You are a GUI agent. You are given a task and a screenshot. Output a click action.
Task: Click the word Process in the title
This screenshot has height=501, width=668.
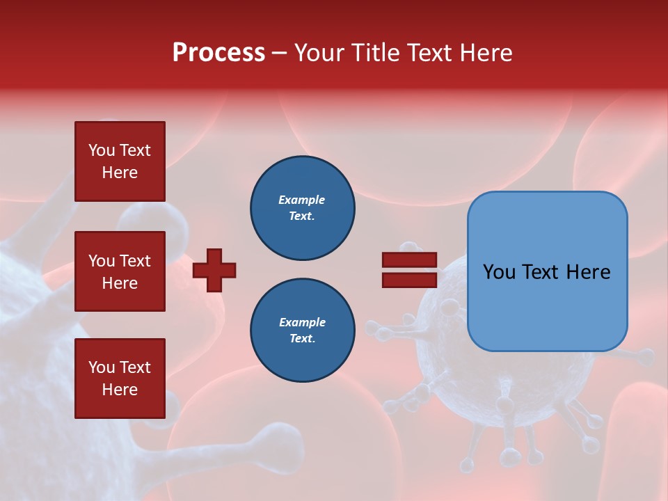pos(218,53)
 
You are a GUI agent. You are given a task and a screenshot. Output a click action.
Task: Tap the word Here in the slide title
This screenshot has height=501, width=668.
pos(484,53)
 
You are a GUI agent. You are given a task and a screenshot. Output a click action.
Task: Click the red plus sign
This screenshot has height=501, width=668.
pos(214,270)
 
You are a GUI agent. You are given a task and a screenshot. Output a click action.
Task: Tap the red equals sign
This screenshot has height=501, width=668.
pos(409,270)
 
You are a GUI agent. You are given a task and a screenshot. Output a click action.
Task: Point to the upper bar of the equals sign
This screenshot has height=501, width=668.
pos(409,260)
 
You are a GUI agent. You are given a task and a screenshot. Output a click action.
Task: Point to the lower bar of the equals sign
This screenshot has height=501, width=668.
pos(409,280)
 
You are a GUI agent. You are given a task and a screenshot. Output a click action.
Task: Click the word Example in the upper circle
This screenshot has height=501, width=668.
pos(301,200)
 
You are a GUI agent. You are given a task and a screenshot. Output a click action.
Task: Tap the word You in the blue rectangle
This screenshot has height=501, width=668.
pos(499,272)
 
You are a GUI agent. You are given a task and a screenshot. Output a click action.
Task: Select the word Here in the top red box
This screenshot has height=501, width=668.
pos(120,173)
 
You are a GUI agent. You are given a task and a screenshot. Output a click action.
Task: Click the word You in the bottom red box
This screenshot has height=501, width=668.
pos(102,367)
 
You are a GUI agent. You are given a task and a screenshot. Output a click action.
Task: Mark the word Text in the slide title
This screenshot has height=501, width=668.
pos(429,53)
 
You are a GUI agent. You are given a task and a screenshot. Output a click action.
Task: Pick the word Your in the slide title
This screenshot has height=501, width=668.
pos(319,53)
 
